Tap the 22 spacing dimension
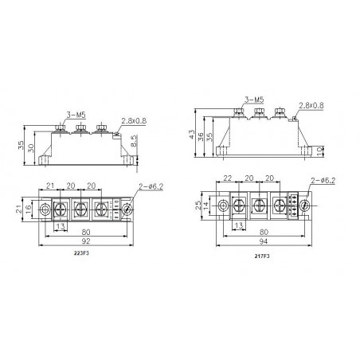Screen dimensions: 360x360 tap(229, 178)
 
